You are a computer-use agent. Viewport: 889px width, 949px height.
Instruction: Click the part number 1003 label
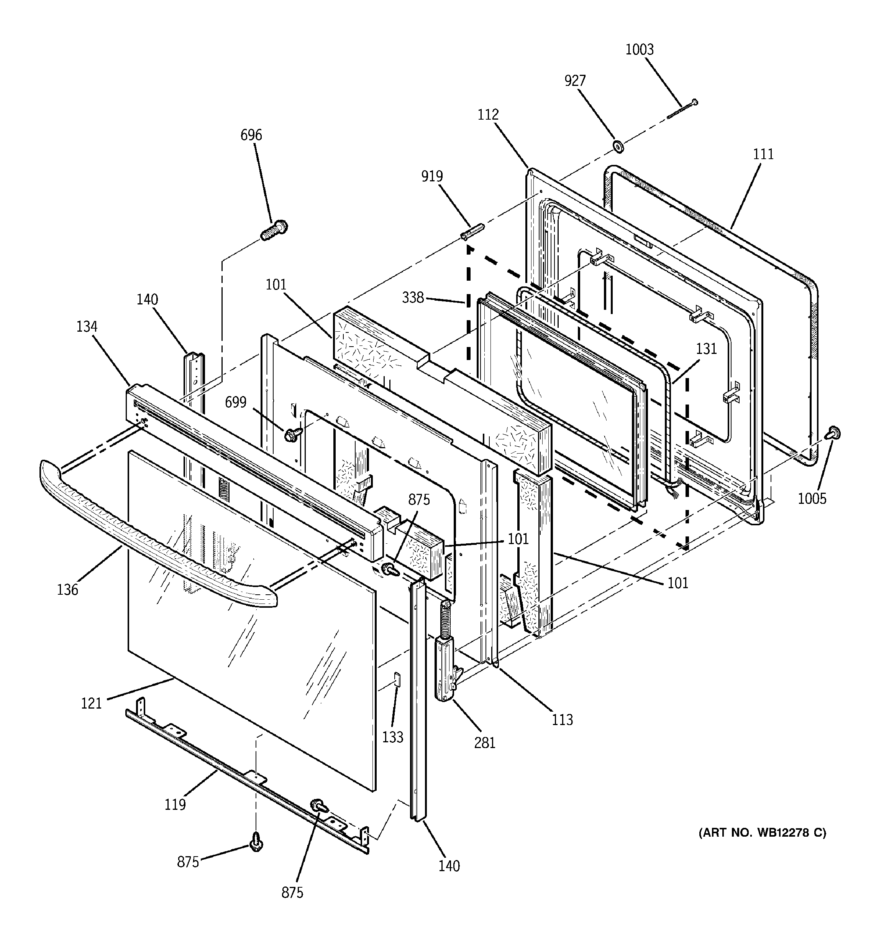coord(640,49)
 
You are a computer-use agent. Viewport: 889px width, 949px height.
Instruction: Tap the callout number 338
coord(413,298)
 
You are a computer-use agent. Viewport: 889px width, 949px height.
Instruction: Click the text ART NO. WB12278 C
coord(762,832)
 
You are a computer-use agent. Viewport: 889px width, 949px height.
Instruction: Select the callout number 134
coord(87,327)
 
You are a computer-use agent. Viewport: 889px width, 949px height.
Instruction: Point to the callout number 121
coord(91,703)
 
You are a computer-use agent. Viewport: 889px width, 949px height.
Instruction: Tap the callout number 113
coord(562,719)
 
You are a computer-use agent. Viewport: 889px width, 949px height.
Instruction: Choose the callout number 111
coord(763,154)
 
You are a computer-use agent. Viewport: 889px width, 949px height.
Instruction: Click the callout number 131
coord(706,349)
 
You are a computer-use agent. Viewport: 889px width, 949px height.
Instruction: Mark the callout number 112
coord(488,115)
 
